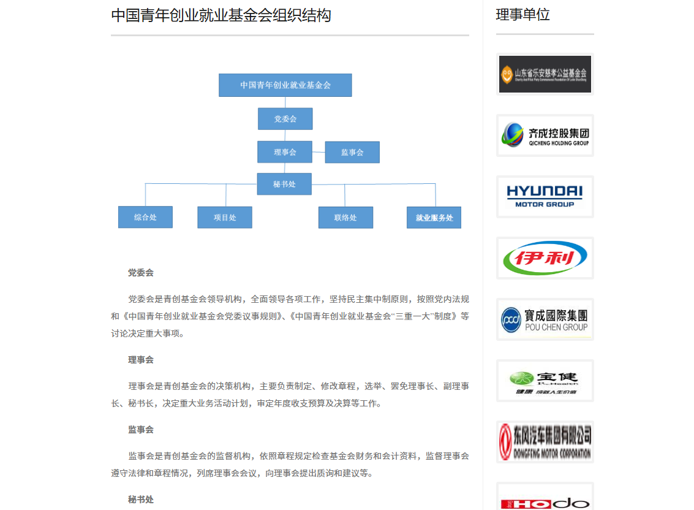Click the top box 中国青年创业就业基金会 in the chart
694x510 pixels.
pyautogui.click(x=285, y=85)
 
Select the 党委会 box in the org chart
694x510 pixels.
pyautogui.click(x=285, y=119)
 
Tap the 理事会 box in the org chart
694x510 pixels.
pyautogui.click(x=284, y=152)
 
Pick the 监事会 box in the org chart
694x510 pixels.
pyautogui.click(x=352, y=153)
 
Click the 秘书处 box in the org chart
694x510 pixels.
pyautogui.click(x=284, y=184)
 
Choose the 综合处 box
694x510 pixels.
pyautogui.click(x=145, y=217)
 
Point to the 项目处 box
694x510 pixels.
pyautogui.click(x=224, y=218)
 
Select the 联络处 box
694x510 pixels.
pyautogui.click(x=345, y=218)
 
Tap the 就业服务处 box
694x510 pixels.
pyautogui.click(x=434, y=218)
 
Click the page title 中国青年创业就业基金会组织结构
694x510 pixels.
pyautogui.click(x=221, y=15)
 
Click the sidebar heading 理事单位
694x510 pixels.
pyautogui.click(x=522, y=15)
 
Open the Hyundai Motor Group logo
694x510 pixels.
pyautogui.click(x=545, y=197)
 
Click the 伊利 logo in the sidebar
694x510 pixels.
pyautogui.click(x=545, y=258)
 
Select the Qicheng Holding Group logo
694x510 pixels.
pyautogui.click(x=545, y=135)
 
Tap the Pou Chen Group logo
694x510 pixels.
pyautogui.click(x=545, y=319)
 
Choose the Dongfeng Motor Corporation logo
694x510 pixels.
pyautogui.click(x=545, y=442)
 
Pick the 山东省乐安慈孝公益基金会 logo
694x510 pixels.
pyautogui.click(x=545, y=74)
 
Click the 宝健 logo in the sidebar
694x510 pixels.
pyautogui.click(x=545, y=381)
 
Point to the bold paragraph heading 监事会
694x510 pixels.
pyautogui.click(x=141, y=430)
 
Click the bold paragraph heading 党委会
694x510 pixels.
pyautogui.click(x=141, y=273)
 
